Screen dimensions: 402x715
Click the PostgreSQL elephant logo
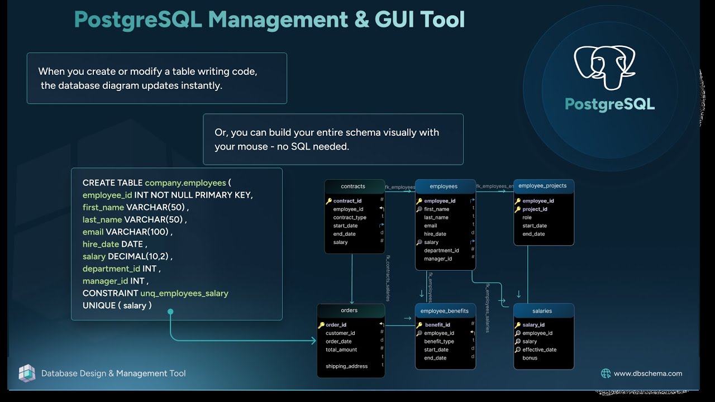point(604,68)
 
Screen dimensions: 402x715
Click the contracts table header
point(353,186)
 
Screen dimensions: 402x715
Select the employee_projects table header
point(542,186)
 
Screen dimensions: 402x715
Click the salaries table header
point(542,311)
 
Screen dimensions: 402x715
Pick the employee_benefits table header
point(445,311)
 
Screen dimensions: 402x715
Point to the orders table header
point(349,310)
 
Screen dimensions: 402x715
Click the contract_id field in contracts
point(347,201)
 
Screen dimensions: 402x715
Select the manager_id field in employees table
point(438,259)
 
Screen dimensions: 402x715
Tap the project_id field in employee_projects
point(535,209)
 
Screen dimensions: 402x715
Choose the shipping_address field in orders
point(347,366)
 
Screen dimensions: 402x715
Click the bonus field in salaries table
point(530,358)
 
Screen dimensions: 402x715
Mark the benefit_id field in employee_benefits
point(437,324)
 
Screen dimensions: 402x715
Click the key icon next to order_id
point(321,325)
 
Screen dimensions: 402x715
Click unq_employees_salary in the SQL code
point(184,293)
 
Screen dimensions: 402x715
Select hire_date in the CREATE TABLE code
point(101,244)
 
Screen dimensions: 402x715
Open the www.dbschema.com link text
point(648,374)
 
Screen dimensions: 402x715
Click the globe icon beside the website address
point(606,374)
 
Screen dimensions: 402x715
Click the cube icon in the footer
point(27,373)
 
